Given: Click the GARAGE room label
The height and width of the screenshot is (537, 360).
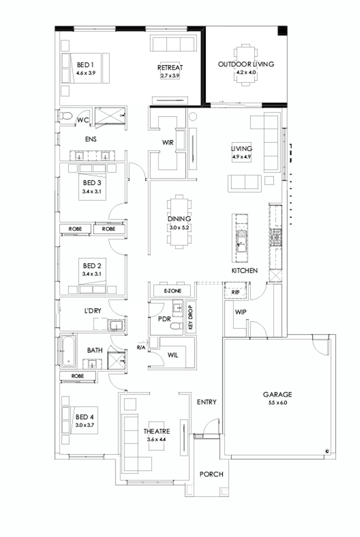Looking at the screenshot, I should pos(278,395).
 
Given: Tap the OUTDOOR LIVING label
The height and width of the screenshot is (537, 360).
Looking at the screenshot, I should pos(246,64).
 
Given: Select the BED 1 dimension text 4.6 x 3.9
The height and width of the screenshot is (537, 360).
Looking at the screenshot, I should pos(85,73).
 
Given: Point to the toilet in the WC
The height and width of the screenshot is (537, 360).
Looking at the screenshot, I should pos(65,118).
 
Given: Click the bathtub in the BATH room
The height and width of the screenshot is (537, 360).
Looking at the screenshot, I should pos(66,352).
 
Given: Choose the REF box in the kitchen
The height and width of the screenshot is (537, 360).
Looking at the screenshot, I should pos(236,291).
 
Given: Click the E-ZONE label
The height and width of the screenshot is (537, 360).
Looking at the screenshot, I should pos(171,291).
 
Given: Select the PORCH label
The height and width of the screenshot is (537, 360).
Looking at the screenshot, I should pos(211,474).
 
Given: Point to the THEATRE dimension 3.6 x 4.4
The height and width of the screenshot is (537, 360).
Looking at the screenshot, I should pos(157,440).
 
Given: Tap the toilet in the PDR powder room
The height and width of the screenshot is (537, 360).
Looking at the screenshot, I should pos(176,326).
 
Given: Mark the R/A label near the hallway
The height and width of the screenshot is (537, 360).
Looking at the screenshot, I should pos(140,348).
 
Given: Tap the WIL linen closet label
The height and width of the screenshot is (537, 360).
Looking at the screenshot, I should pos(173,354).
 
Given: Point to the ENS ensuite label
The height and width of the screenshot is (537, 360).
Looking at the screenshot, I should pos(92,139).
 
